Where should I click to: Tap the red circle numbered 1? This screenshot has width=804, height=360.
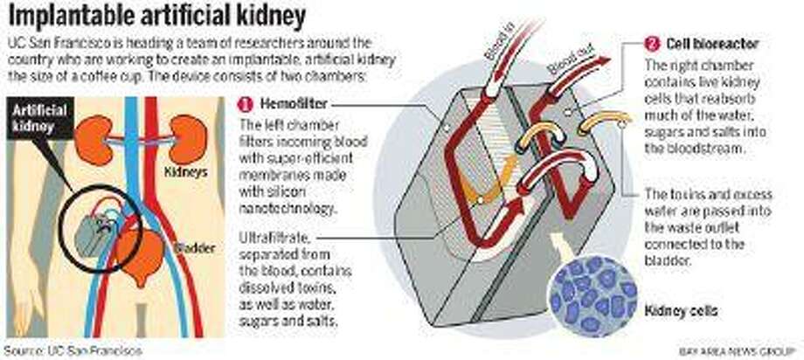coord(245,105)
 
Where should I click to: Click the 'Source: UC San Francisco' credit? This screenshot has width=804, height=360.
coord(73,350)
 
